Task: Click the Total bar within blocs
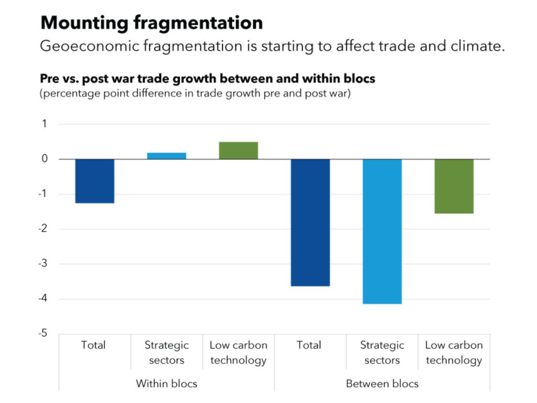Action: (x=95, y=181)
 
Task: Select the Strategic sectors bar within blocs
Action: (x=166, y=156)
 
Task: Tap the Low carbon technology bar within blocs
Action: (x=238, y=151)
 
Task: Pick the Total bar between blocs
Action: (x=310, y=222)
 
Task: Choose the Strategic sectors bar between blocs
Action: (x=382, y=231)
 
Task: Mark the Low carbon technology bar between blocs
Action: (x=454, y=186)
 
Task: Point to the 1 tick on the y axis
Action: (x=45, y=124)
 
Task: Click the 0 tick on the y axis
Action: (x=45, y=159)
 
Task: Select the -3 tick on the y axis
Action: (x=42, y=264)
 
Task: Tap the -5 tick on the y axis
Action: (x=42, y=334)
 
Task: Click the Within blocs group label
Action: (x=166, y=384)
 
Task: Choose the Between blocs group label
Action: (x=382, y=384)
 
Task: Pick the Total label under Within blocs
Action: (x=93, y=345)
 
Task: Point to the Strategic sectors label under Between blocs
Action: (x=382, y=353)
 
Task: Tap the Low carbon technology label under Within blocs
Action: (x=238, y=353)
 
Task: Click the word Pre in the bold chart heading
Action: (x=49, y=79)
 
